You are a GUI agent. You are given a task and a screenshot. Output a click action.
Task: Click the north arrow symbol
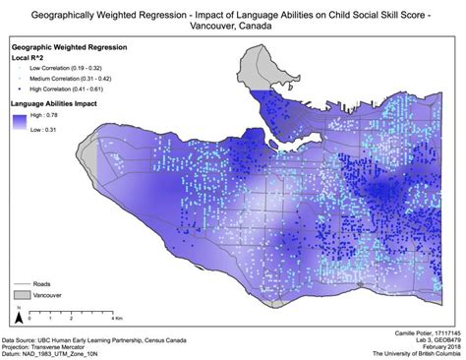click(15, 316)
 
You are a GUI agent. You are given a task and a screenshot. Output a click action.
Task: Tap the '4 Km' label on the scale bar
click(115, 319)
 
